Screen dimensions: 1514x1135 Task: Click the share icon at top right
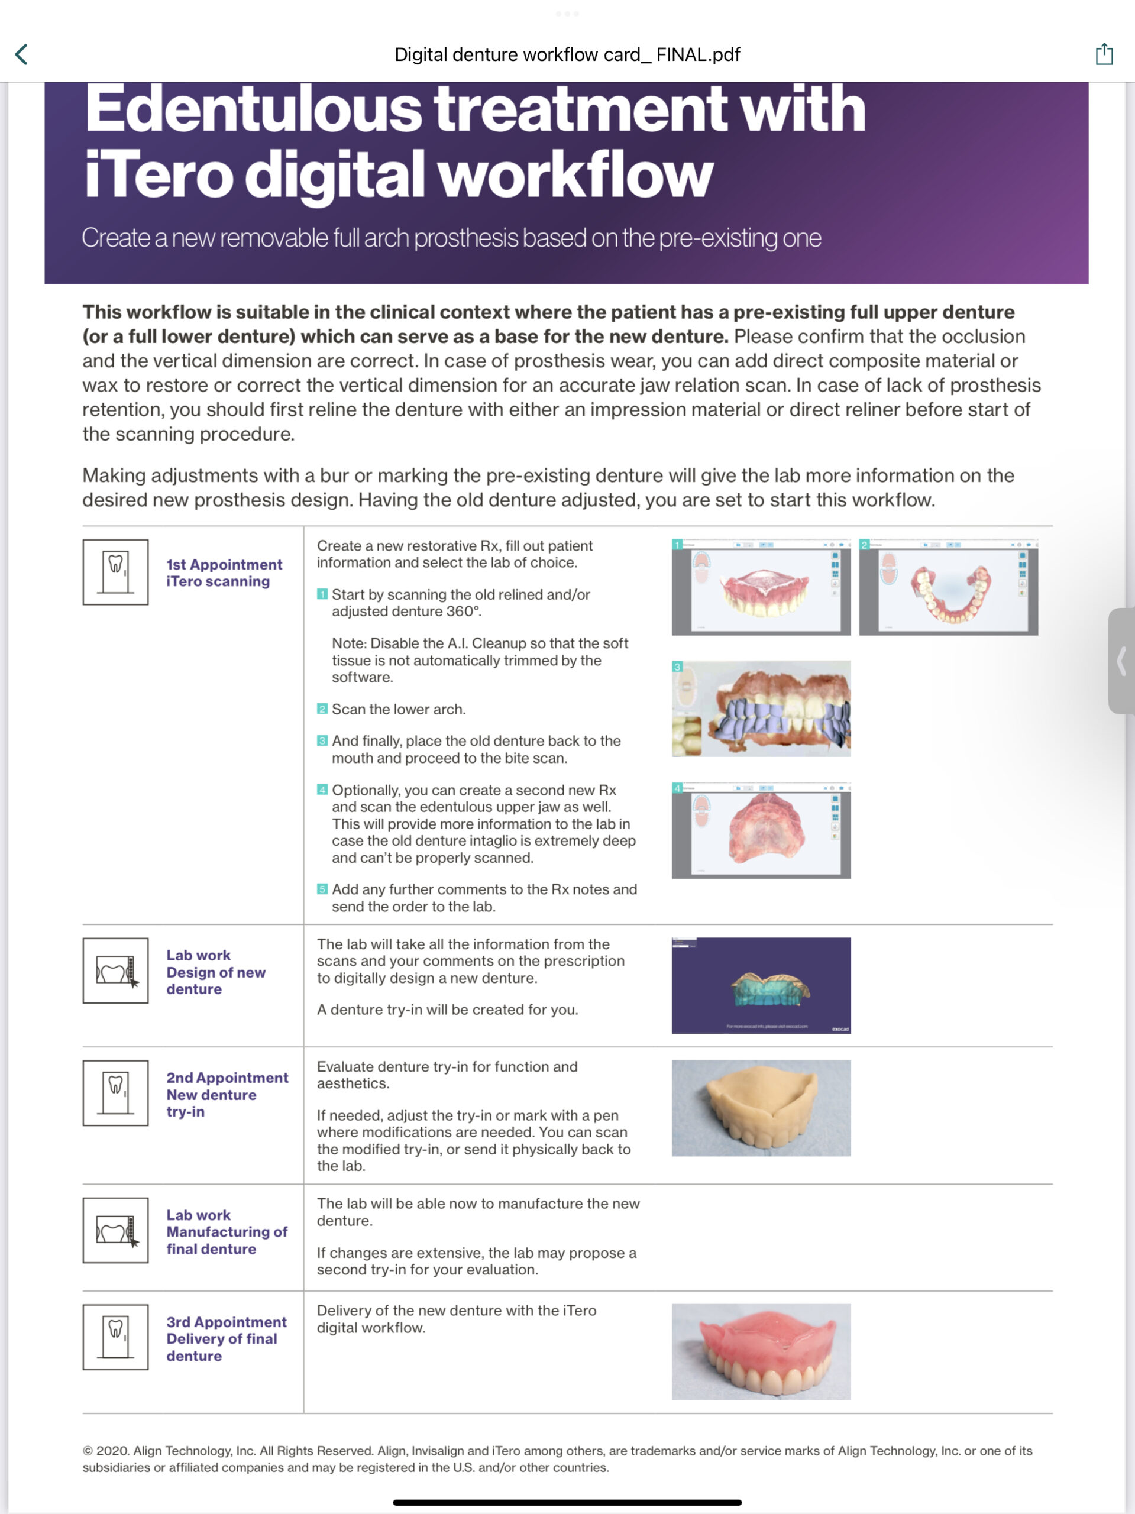[x=1104, y=54]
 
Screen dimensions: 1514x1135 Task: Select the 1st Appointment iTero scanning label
[x=224, y=573]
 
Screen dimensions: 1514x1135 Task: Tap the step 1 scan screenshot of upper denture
[x=761, y=587]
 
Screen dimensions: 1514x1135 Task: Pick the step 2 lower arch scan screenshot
[x=948, y=587]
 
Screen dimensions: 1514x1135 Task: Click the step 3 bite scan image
[x=761, y=709]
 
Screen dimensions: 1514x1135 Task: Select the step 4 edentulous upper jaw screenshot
[x=761, y=830]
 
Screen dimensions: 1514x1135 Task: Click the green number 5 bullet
[x=322, y=889]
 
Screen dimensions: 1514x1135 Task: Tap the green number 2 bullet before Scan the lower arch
[x=322, y=709]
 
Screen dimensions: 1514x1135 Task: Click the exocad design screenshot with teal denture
[x=761, y=986]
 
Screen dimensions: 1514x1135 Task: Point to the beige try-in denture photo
[x=761, y=1108]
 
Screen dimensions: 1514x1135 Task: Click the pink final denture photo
[x=761, y=1352]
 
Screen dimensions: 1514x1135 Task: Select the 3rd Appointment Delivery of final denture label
[x=226, y=1339]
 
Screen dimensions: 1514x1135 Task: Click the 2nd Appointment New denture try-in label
[x=227, y=1095]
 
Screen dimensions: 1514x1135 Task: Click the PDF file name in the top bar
[x=567, y=55]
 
